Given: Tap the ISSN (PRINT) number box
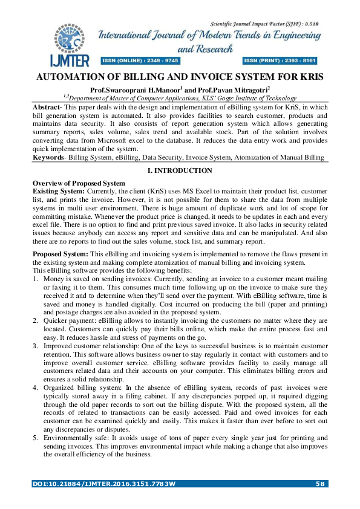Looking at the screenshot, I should [280, 61].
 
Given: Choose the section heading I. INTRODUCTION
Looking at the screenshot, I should [180, 171].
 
